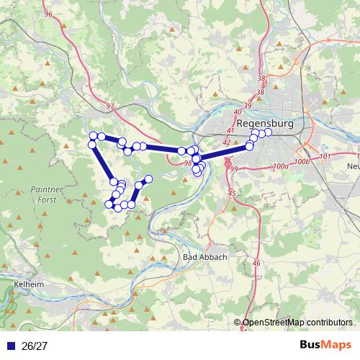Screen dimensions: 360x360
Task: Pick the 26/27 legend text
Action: pyautogui.click(x=32, y=346)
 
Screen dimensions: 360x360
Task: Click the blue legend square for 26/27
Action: pyautogui.click(x=10, y=346)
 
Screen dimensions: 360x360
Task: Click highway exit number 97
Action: pyautogui.click(x=109, y=107)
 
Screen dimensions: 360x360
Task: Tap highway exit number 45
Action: pyautogui.click(x=231, y=194)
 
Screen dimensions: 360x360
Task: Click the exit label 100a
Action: pyautogui.click(x=280, y=166)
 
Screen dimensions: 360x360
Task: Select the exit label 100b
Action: pyautogui.click(x=302, y=162)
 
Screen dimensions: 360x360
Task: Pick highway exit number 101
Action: pyautogui.click(x=324, y=156)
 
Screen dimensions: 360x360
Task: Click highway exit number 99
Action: pyautogui.click(x=233, y=168)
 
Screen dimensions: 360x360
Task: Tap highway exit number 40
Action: pyautogui.click(x=238, y=112)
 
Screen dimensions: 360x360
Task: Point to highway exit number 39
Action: pyautogui.click(x=248, y=106)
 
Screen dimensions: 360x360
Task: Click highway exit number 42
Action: pyautogui.click(x=226, y=143)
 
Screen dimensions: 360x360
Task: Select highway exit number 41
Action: pyautogui.click(x=230, y=130)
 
